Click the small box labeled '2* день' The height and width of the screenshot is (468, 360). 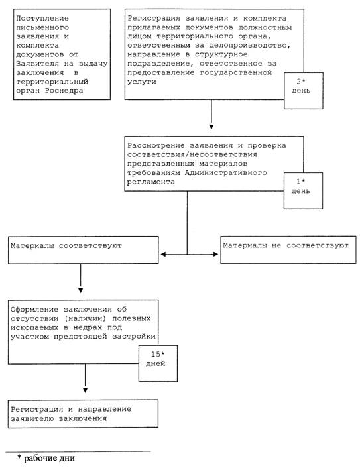[x=303, y=90]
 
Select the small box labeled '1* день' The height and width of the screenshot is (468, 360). [x=303, y=191]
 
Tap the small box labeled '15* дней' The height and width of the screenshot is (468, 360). [x=158, y=363]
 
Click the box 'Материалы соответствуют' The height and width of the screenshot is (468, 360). [x=84, y=250]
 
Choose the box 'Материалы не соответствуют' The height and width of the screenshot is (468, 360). [x=288, y=250]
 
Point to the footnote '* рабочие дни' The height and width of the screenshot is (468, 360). [x=46, y=458]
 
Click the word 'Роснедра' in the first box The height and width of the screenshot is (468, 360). [x=64, y=91]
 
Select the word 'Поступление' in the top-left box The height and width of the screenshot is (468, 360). [x=42, y=18]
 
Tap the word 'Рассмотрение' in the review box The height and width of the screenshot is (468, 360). [x=156, y=146]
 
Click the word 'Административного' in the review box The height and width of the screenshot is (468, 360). [x=225, y=173]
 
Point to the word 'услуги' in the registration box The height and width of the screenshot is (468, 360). [x=142, y=82]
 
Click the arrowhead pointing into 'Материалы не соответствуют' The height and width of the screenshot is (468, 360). [x=216, y=255]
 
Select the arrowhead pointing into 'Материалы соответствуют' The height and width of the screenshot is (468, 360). [x=163, y=255]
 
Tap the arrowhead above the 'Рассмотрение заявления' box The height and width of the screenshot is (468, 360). [x=211, y=127]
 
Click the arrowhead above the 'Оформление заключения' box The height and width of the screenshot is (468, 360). [x=80, y=290]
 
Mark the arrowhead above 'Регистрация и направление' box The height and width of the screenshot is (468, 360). [x=85, y=390]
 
